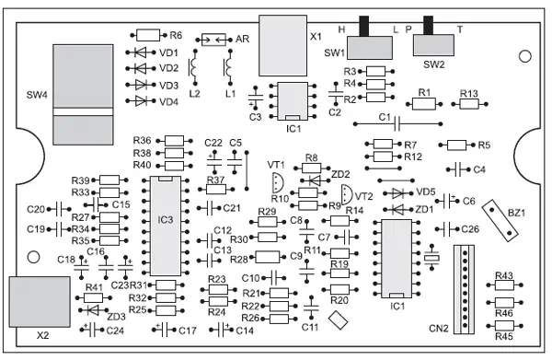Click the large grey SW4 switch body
coord(83,95)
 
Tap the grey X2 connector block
coord(40,302)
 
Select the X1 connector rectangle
coord(282,45)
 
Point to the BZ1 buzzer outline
coord(500,220)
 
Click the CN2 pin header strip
coord(464,289)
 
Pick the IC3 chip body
coord(166,226)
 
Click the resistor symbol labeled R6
coord(148,35)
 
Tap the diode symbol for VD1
coord(141,52)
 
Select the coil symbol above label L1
coord(229,67)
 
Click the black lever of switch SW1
coord(363,26)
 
